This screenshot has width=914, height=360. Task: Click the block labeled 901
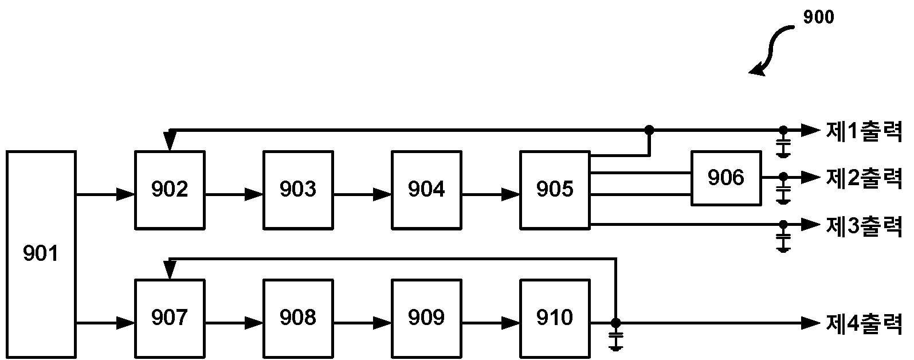pyautogui.click(x=41, y=255)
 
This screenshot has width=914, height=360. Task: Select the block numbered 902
pyautogui.click(x=170, y=190)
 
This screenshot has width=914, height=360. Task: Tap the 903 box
pyautogui.click(x=299, y=190)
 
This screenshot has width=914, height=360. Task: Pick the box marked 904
pyautogui.click(x=426, y=190)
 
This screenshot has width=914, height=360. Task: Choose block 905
pyautogui.click(x=555, y=190)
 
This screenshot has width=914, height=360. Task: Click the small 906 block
pyautogui.click(x=726, y=178)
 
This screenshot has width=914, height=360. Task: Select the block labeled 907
pyautogui.click(x=170, y=319)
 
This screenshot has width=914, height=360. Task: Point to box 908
pyautogui.click(x=299, y=319)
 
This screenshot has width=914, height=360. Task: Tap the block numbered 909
pyautogui.click(x=426, y=319)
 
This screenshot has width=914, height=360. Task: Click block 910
pyautogui.click(x=555, y=319)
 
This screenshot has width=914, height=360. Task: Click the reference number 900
pyautogui.click(x=818, y=17)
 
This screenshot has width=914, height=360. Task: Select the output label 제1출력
pyautogui.click(x=864, y=131)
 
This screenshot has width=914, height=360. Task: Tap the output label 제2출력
pyautogui.click(x=864, y=178)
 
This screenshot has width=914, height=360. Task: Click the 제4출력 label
pyautogui.click(x=864, y=324)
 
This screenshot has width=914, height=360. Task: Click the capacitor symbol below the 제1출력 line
pyautogui.click(x=783, y=146)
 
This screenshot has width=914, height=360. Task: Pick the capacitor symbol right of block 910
pyautogui.click(x=615, y=339)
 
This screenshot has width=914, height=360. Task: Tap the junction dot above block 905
pyautogui.click(x=649, y=130)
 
